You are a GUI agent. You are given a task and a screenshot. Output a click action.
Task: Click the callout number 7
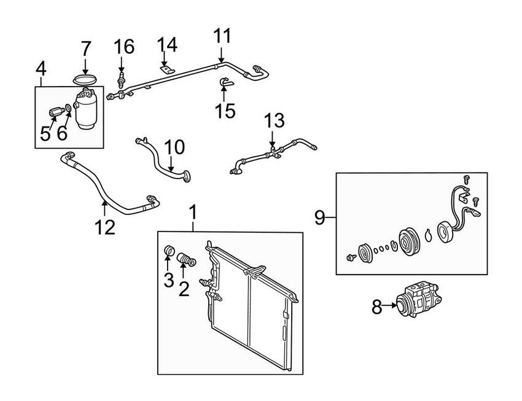coord(86,48)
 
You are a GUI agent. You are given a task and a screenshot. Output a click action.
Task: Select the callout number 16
coord(123,46)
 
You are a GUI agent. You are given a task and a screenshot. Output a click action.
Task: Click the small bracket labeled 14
coord(165,70)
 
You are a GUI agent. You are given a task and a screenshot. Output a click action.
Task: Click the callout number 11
coord(223,36)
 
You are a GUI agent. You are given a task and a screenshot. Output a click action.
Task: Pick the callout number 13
coord(275,120)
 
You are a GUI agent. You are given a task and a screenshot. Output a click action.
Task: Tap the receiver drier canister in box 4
coord(85,108)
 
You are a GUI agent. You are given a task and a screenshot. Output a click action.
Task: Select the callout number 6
coord(63,133)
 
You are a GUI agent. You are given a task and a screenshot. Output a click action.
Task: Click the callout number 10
coord(174,147)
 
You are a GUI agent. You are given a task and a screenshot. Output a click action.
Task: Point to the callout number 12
coord(105,227)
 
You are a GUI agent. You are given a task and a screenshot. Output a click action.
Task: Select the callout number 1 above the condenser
coord(194,213)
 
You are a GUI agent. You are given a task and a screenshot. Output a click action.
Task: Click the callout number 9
coord(319,216)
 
